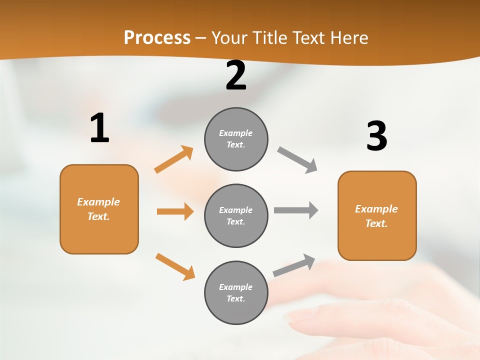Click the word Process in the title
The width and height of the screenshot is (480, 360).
pos(157,38)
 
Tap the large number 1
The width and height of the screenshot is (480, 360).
pos(99,128)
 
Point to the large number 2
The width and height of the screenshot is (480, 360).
pos(236,76)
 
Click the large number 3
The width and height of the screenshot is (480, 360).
pos(376,136)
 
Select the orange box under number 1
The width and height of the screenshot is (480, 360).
pos(99,209)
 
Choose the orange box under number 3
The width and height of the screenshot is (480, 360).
pos(377,215)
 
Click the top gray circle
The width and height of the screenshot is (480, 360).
pos(236,139)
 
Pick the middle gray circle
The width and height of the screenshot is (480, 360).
pos(236,215)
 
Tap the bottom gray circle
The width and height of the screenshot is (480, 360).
pos(236,292)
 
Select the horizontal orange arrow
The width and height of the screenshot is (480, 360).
pos(175,211)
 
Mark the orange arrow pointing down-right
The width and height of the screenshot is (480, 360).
pos(175,266)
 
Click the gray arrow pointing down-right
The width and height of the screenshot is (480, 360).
pos(297,160)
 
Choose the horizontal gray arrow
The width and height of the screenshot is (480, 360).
pos(296,210)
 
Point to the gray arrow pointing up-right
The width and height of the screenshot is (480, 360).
pos(294,265)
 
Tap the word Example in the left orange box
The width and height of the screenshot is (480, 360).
pos(98,202)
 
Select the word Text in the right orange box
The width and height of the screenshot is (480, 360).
pos(376,223)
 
